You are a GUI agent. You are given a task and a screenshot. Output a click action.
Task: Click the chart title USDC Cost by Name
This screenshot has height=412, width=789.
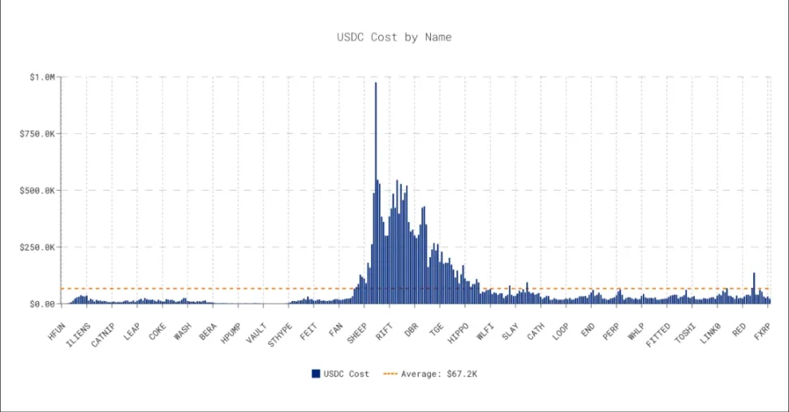394,37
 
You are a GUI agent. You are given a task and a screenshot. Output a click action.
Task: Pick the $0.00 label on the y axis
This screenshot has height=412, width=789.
40,304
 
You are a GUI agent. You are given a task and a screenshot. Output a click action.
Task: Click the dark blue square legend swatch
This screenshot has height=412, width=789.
316,374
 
